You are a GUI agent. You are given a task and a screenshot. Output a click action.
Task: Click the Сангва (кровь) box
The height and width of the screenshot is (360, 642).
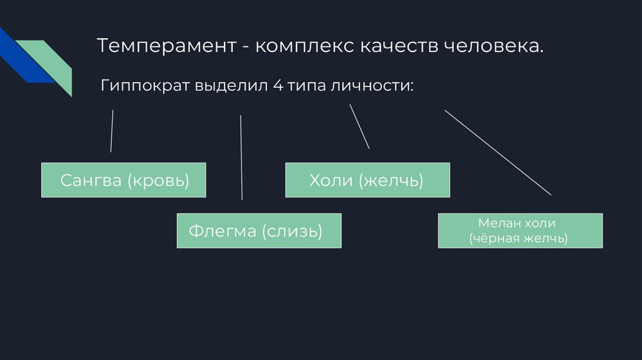124,181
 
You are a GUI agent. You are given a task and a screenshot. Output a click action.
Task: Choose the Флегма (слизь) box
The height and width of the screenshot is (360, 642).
259,231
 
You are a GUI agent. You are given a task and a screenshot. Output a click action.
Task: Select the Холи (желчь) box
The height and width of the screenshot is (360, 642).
367,181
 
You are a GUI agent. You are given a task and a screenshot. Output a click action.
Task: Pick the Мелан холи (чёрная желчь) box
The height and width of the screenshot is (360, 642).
520,231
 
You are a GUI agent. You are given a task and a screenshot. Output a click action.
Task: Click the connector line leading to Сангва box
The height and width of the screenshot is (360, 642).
112,131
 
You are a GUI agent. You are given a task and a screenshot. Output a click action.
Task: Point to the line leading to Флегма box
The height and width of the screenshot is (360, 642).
241,157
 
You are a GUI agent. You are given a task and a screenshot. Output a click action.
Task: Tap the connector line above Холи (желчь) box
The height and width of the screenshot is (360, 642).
359,127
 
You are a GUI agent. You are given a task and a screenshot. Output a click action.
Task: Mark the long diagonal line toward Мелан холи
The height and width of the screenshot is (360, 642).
498,152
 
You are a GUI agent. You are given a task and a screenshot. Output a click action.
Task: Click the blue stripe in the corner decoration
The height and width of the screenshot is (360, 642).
19,60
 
